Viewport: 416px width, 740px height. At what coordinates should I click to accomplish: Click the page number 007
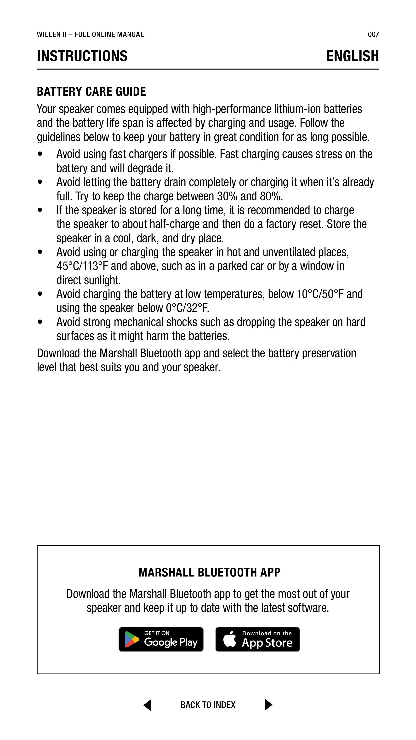pos(373,35)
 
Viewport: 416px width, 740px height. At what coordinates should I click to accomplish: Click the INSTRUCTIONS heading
pos(82,56)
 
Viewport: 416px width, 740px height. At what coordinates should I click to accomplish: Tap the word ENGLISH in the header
pos(352,56)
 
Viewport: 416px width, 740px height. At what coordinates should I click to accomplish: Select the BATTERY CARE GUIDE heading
pos(91,92)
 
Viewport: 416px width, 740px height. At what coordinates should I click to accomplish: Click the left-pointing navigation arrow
pos(147,705)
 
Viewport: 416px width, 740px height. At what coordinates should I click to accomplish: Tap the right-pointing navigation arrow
pos(268,705)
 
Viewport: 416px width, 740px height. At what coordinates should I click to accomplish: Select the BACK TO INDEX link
pos(208,705)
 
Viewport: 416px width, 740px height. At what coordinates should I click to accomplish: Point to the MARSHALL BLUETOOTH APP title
pos(209,572)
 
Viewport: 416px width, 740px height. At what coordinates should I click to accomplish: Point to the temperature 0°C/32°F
pos(187,308)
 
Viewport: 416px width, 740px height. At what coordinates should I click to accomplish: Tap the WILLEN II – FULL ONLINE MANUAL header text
pos(90,35)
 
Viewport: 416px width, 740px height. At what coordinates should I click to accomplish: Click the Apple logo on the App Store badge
pos(230,639)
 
